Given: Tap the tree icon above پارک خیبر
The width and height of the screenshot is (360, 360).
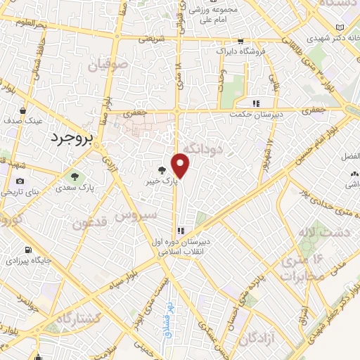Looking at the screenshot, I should coord(162,169).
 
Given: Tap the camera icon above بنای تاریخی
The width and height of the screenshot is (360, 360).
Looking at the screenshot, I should coord(19,181).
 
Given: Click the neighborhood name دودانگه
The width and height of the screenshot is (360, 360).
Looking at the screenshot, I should coord(202,148).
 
